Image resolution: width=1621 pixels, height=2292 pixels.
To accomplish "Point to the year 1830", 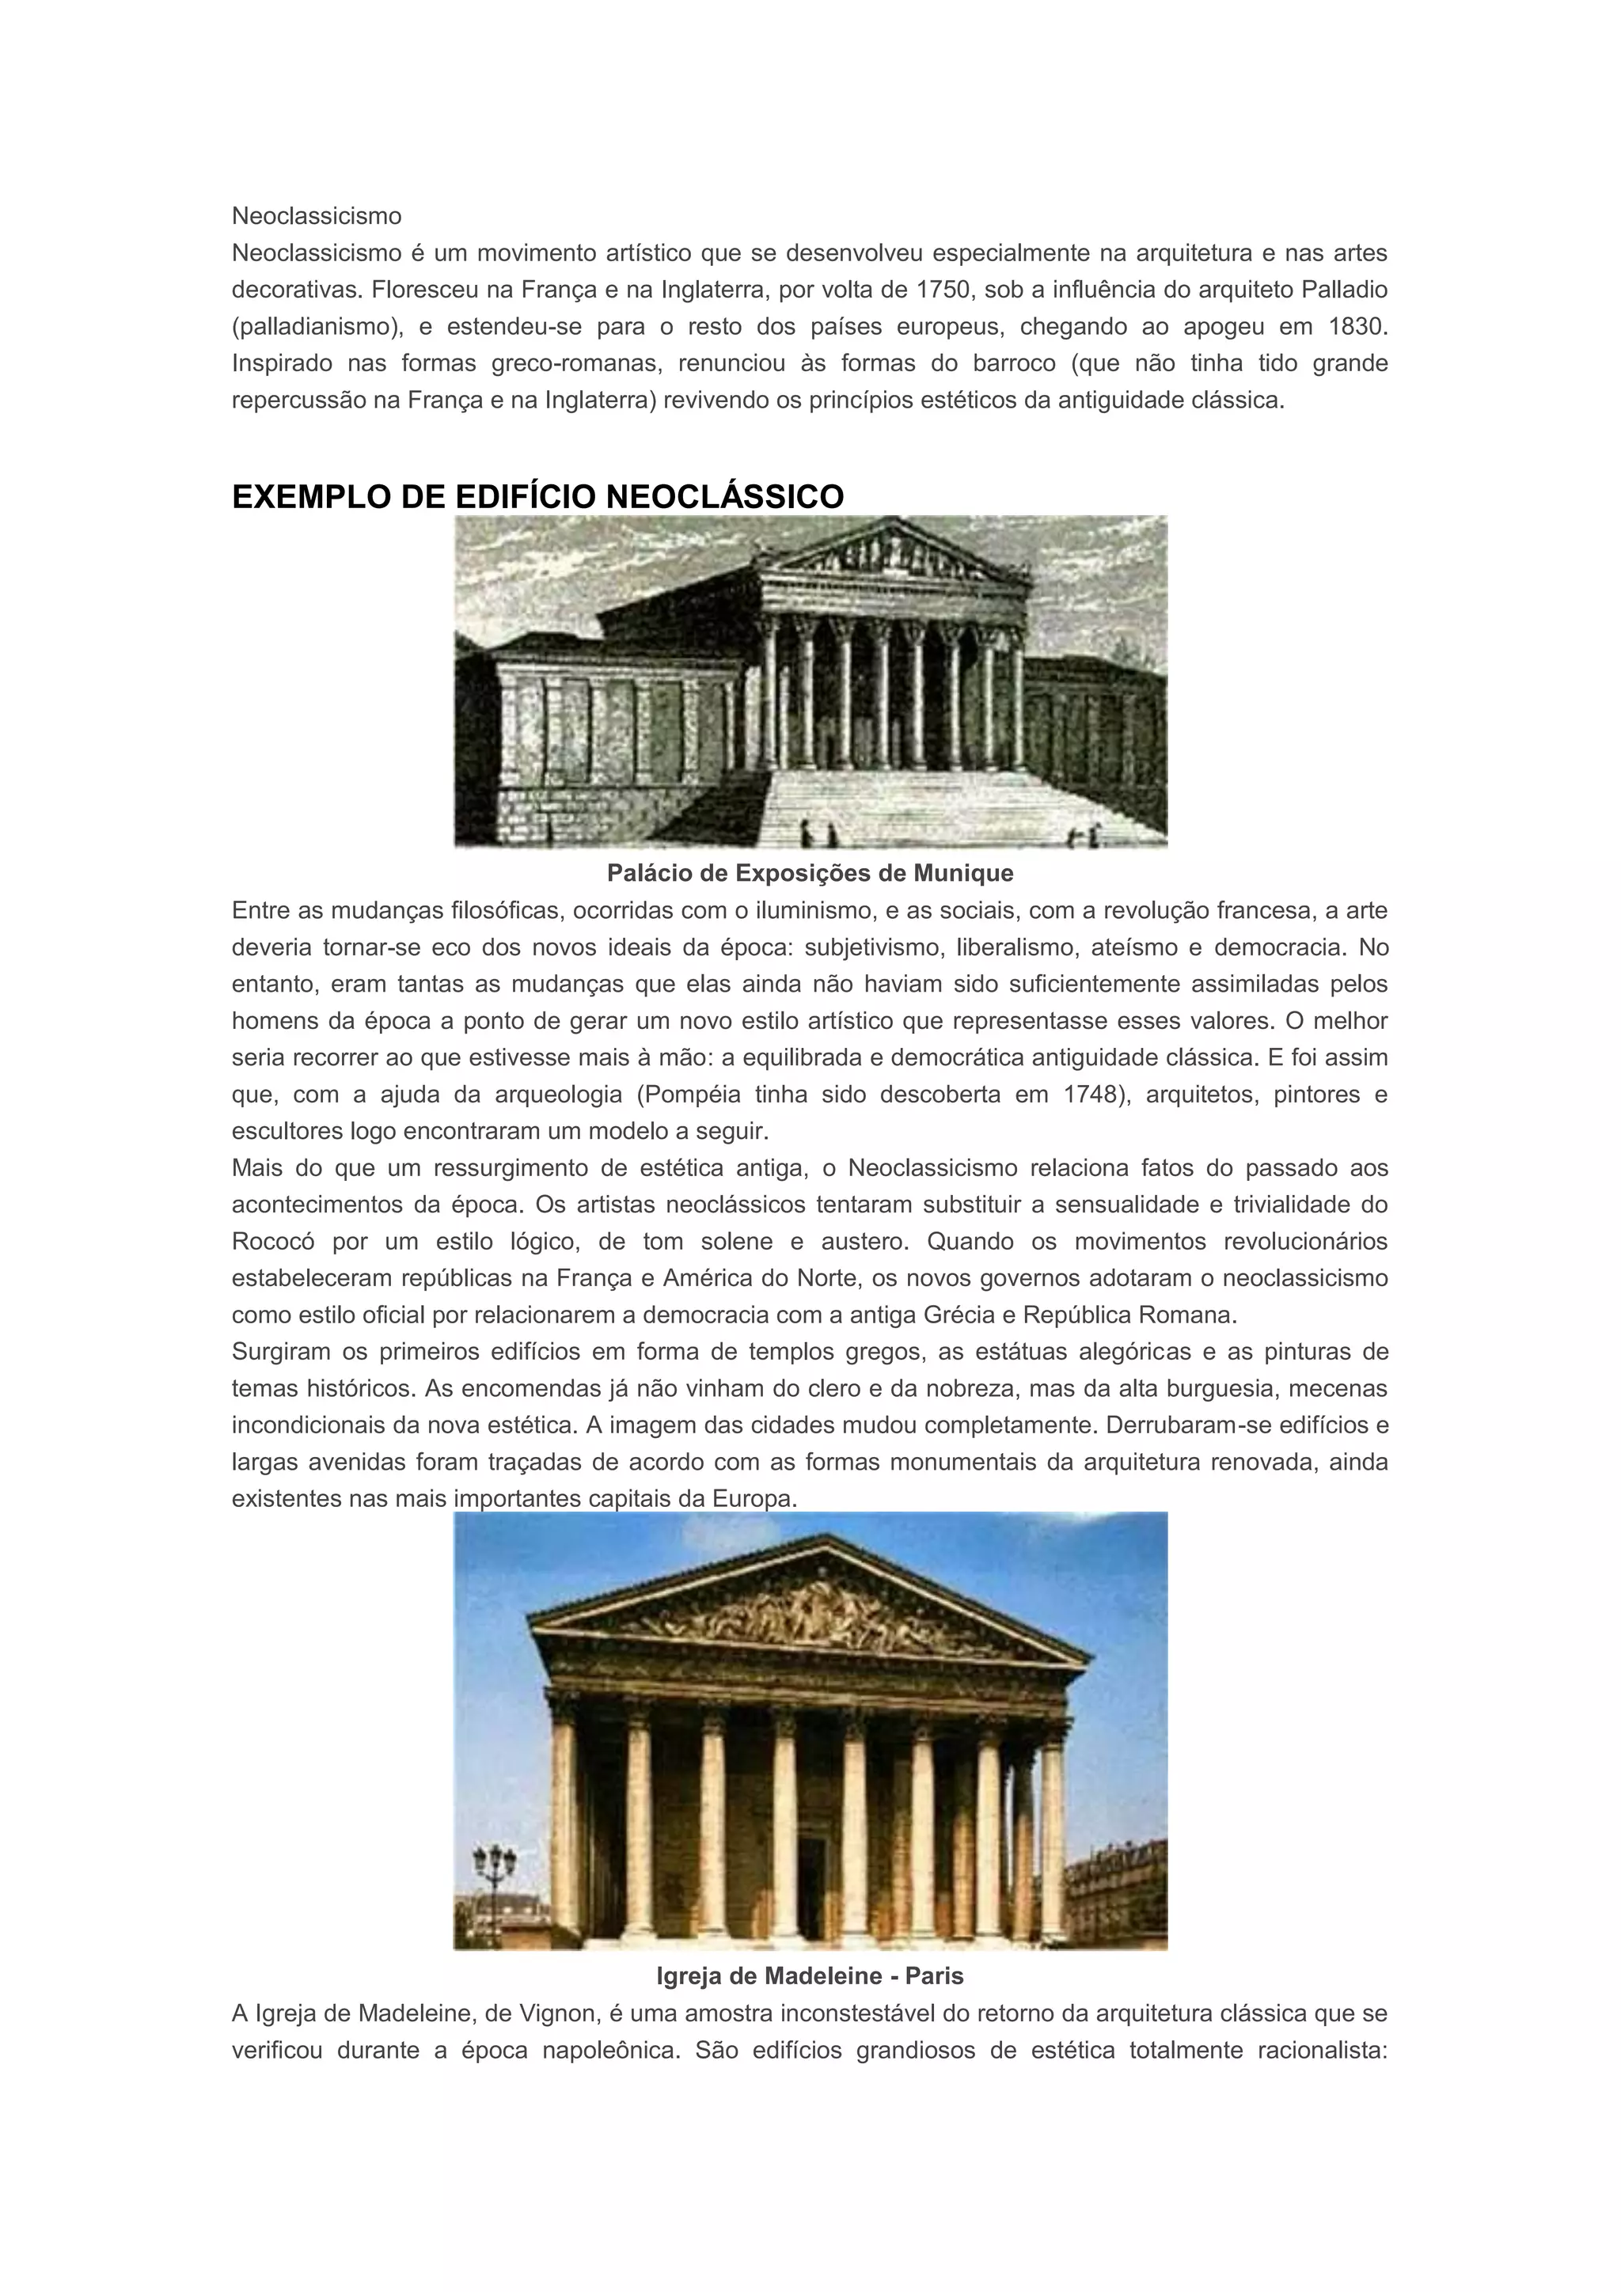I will coord(1358,326).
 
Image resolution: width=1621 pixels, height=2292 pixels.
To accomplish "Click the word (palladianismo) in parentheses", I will coord(309,326).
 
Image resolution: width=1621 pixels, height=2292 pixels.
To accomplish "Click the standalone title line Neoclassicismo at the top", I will coord(317,215).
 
